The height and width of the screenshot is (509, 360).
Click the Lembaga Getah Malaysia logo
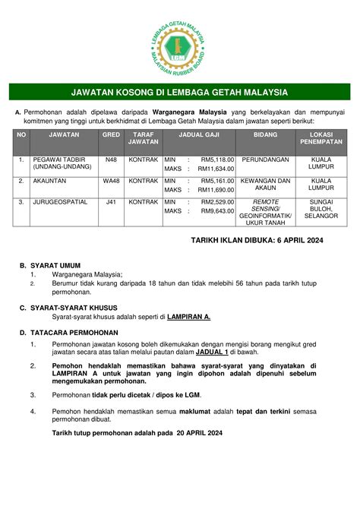[179, 43]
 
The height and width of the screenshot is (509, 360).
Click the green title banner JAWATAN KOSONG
[179, 93]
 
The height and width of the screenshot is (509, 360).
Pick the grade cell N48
[111, 160]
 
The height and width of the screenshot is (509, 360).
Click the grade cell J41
[111, 202]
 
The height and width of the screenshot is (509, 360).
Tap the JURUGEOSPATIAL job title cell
[60, 202]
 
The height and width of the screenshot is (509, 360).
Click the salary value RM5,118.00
[217, 160]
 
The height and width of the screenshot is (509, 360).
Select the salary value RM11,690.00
[216, 190]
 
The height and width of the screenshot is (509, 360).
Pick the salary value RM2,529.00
[217, 202]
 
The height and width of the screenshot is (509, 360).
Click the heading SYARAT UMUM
[55, 266]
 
